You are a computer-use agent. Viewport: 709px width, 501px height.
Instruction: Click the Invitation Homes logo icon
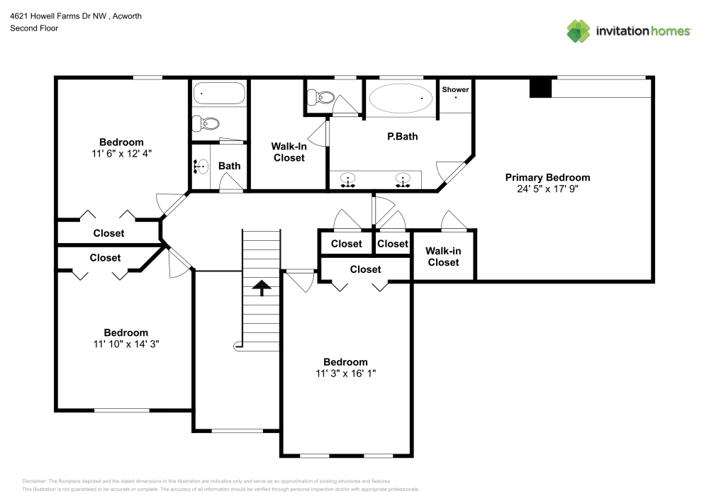(578, 31)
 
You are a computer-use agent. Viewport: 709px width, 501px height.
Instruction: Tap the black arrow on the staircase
(262, 287)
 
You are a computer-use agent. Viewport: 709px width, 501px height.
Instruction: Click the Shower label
(455, 90)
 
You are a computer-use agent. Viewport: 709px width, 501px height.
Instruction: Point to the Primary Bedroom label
(547, 177)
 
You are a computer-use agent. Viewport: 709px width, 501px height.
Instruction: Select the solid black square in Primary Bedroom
(540, 88)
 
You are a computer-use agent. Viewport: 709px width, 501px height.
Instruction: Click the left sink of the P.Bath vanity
(349, 179)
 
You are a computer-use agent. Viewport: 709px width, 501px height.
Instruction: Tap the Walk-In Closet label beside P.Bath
(289, 152)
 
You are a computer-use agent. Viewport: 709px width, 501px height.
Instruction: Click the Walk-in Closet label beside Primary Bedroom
(443, 257)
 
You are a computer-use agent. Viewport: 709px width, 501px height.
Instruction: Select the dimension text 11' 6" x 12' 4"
(121, 153)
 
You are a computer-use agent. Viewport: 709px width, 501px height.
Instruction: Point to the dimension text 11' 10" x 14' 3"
(125, 344)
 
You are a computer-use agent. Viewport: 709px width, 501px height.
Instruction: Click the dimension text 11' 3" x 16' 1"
(346, 373)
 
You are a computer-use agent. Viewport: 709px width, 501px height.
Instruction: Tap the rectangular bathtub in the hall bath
(218, 94)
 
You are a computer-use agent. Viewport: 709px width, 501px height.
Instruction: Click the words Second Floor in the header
(34, 28)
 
